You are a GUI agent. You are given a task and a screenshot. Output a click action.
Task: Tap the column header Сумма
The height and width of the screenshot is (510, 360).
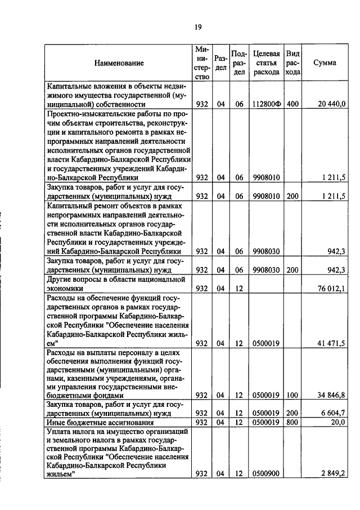tap(325, 63)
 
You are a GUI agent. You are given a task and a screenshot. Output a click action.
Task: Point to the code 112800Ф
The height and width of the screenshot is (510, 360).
tap(267, 104)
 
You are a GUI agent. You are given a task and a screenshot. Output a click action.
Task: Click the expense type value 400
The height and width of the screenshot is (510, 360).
tap(292, 104)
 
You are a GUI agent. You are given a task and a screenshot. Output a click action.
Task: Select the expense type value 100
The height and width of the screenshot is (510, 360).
tap(292, 396)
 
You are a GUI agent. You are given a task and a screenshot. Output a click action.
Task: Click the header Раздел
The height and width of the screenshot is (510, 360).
tap(221, 63)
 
